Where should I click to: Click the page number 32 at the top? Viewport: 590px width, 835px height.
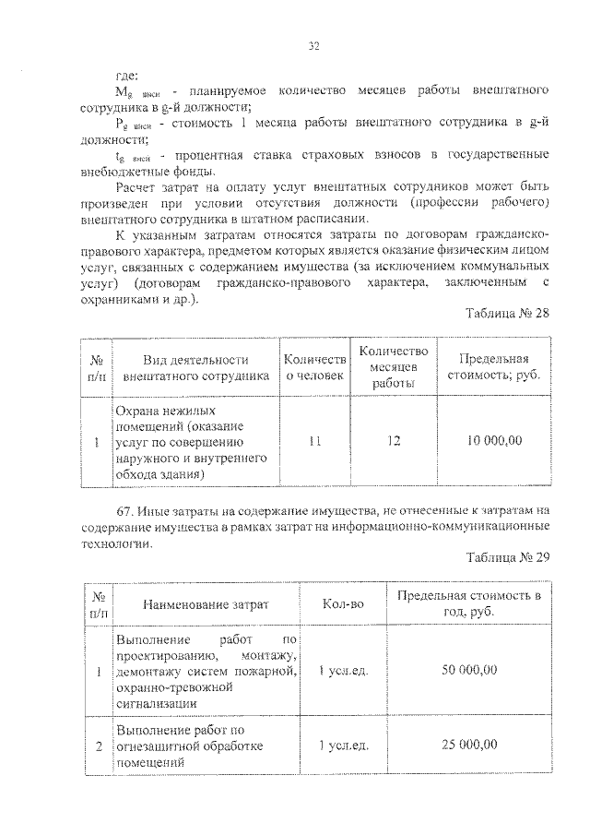(x=313, y=46)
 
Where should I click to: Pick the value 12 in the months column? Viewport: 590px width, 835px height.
(x=394, y=441)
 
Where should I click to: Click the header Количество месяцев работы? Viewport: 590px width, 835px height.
(x=394, y=366)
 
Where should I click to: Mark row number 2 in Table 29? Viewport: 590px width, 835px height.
(x=98, y=746)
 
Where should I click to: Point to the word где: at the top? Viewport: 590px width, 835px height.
(x=125, y=75)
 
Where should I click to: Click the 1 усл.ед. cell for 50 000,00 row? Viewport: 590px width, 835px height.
(x=343, y=669)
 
